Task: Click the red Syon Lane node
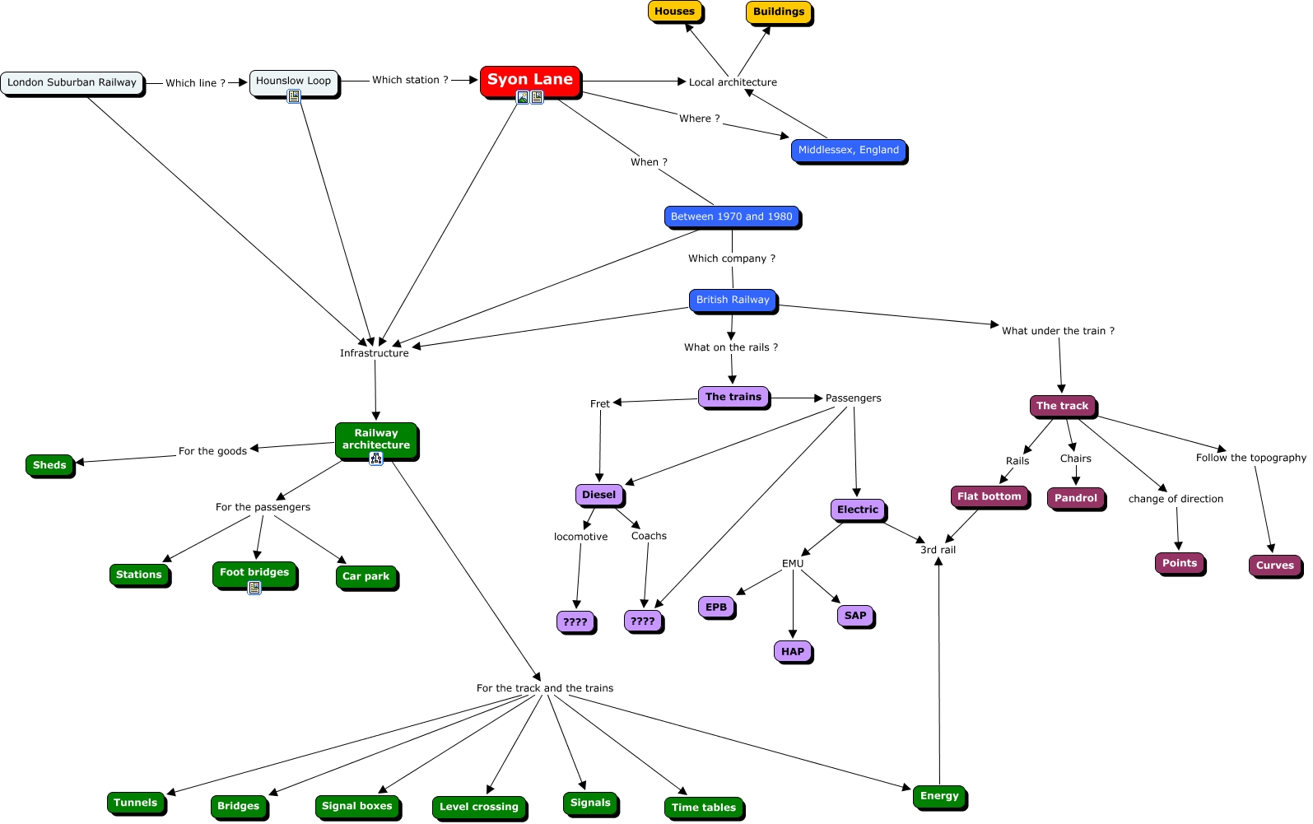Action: (x=530, y=81)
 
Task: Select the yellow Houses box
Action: (x=675, y=12)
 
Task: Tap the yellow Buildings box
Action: (x=779, y=12)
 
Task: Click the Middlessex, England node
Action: (x=848, y=150)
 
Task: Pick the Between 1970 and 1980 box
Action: (x=732, y=216)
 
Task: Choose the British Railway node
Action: (x=733, y=300)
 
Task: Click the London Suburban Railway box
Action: (x=72, y=82)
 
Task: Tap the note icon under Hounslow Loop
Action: (x=294, y=96)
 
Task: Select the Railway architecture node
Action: (x=376, y=440)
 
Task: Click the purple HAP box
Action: (x=793, y=652)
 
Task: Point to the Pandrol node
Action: (x=1076, y=498)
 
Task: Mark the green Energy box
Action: (x=939, y=796)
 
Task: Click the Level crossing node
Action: (x=479, y=807)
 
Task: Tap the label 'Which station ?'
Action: (x=410, y=80)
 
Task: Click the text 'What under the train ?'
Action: (x=1058, y=331)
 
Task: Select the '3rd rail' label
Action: (x=938, y=550)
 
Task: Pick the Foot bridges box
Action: (x=254, y=573)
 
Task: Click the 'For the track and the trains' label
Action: (x=545, y=688)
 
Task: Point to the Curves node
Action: (x=1275, y=566)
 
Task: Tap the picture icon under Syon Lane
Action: (x=522, y=97)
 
